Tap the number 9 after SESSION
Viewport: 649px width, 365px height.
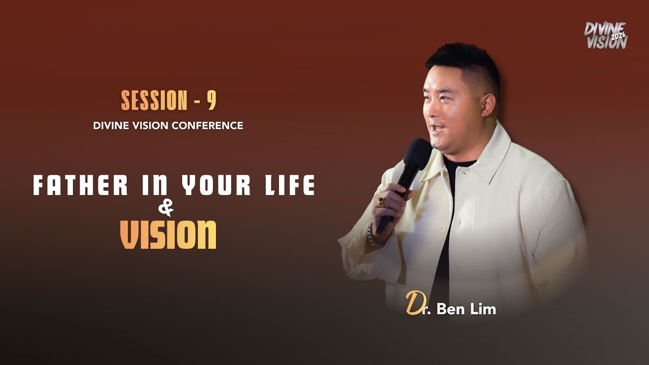click(211, 101)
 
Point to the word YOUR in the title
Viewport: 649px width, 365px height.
click(215, 186)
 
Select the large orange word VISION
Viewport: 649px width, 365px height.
click(168, 234)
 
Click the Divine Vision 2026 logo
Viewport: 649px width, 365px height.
click(605, 35)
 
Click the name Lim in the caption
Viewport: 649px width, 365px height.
click(483, 309)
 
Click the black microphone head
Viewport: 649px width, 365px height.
click(418, 153)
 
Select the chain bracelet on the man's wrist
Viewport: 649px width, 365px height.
click(373, 236)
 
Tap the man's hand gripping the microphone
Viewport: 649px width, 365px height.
click(393, 203)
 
